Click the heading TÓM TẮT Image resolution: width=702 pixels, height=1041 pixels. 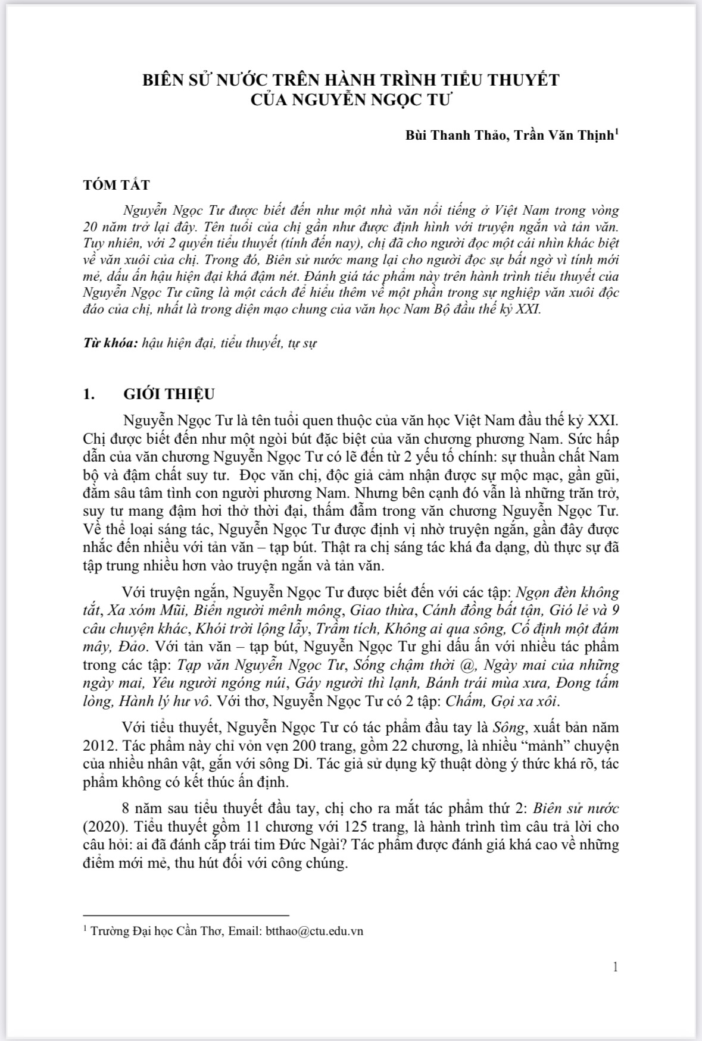(x=116, y=184)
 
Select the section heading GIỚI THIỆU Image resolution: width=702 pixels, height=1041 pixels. (x=169, y=394)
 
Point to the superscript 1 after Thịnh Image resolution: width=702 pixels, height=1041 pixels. (x=616, y=131)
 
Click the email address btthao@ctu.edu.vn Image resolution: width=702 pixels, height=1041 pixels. (x=312, y=931)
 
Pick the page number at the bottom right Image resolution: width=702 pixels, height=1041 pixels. (x=615, y=967)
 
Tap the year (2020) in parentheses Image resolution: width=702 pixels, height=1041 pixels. (x=102, y=827)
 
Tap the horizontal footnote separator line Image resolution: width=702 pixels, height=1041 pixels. (x=186, y=915)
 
